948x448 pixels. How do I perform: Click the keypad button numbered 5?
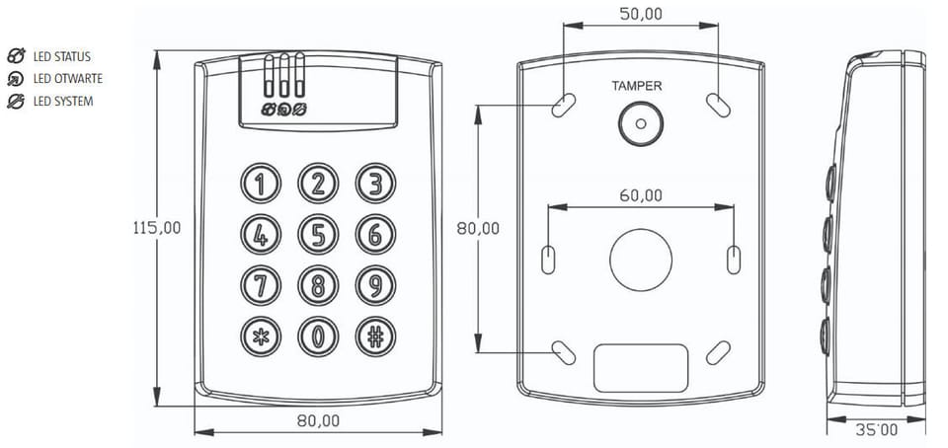318,235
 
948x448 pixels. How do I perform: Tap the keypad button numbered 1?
261,184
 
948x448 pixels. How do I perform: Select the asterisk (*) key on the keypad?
261,336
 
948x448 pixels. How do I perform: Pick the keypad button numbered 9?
375,285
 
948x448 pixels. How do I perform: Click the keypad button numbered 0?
318,336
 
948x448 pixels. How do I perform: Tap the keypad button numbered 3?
375,184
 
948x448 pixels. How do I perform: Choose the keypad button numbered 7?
261,285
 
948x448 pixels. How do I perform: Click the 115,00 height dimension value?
157,227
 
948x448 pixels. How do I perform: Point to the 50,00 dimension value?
641,13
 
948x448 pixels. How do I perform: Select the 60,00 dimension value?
641,194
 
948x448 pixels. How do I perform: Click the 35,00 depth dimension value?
876,429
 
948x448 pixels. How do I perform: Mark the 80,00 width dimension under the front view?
318,420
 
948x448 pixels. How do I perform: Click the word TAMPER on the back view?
637,86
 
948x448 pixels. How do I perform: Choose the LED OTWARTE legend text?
67,79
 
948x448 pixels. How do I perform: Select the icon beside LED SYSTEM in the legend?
16,101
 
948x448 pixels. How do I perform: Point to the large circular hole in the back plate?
640,261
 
